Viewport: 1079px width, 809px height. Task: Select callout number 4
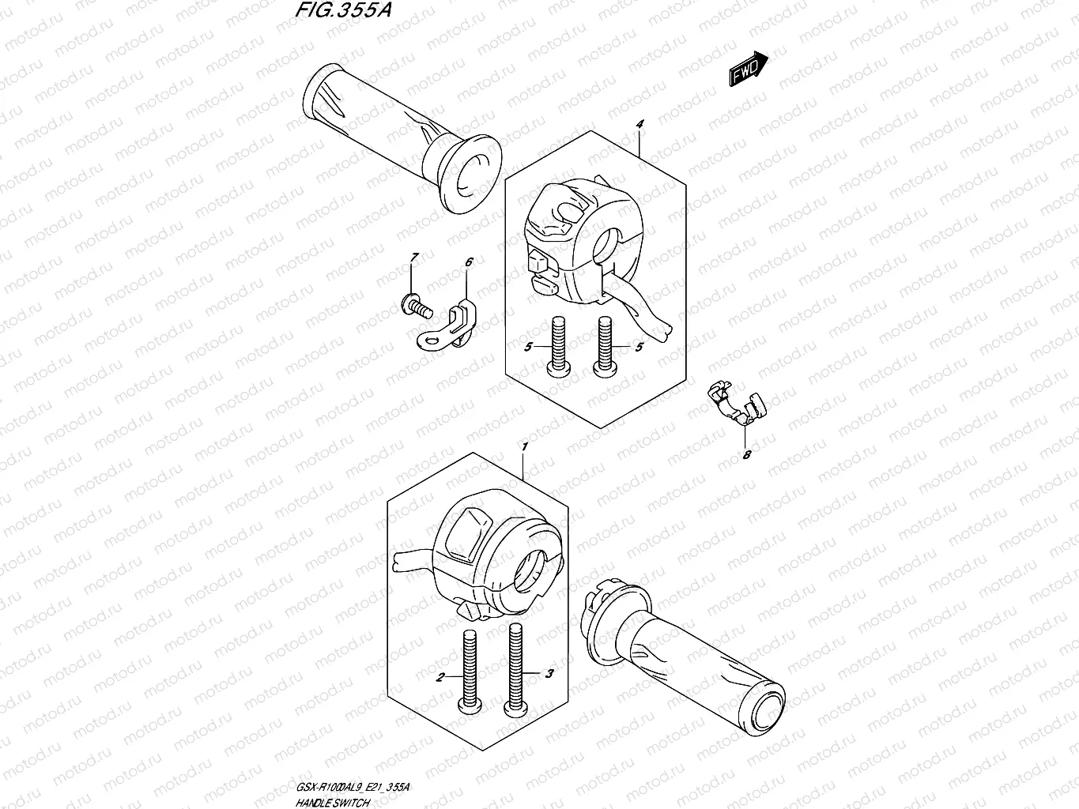639,125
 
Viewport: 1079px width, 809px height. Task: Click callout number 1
523,447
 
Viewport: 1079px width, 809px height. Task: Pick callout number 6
468,262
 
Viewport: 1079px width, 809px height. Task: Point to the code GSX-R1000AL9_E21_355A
353,789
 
